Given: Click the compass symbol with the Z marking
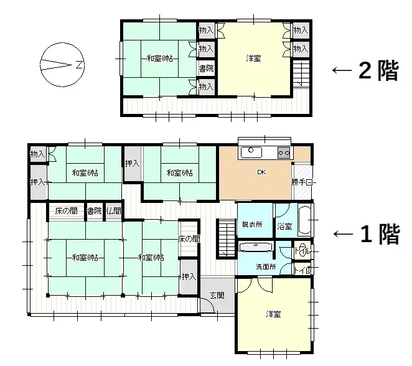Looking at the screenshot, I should (61, 63).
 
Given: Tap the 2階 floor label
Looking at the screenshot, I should (378, 71).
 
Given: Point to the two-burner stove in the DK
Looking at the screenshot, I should (284, 151).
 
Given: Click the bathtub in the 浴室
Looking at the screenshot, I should (305, 220).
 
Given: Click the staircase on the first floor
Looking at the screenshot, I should (225, 240).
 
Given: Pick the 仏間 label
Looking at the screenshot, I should (113, 211).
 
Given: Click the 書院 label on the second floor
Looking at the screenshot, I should (206, 68).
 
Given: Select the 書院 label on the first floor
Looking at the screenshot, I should (94, 211).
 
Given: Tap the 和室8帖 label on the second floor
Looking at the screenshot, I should (160, 59).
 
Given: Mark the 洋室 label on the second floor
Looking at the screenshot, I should (253, 59).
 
